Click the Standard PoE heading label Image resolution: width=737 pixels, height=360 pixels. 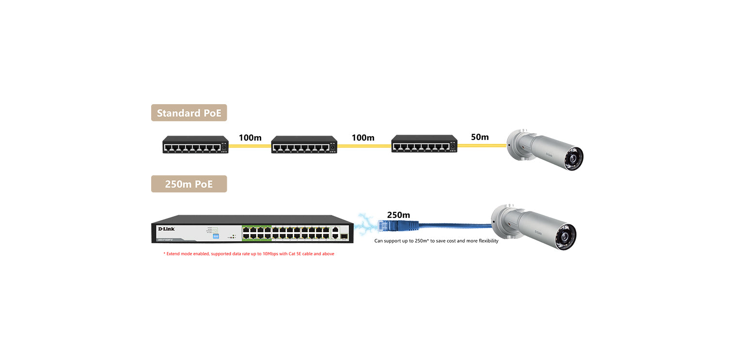point(189,113)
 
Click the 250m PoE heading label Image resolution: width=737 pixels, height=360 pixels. point(189,184)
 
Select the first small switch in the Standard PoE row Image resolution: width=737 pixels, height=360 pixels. point(195,145)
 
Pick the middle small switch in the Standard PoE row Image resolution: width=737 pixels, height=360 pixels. point(304,145)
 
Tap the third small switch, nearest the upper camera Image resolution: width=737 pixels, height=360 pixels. point(424,145)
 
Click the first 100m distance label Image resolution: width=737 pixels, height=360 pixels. point(250,138)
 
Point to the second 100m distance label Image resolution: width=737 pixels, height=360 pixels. point(363,138)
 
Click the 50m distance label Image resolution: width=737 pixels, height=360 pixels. point(480,137)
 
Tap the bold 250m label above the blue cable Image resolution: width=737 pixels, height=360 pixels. point(398,215)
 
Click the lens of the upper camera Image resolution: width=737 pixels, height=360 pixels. point(576,158)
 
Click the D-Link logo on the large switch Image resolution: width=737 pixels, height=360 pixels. point(166,229)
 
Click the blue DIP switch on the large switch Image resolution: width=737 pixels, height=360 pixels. point(216,236)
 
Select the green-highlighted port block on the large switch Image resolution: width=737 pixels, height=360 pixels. point(257,232)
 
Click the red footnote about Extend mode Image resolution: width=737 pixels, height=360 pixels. point(249,254)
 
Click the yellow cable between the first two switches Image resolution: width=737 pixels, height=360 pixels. point(250,145)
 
